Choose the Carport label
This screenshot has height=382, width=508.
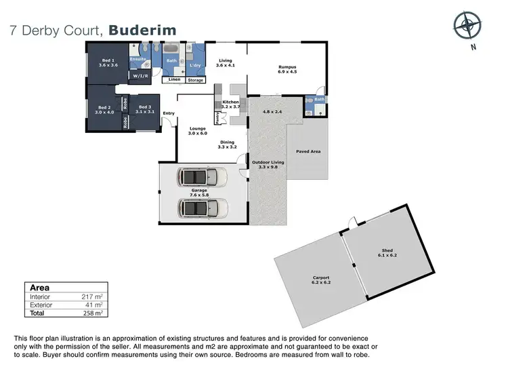tap(320, 278)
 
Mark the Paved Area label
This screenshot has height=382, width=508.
tap(308, 151)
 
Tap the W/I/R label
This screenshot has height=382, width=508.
tap(141, 75)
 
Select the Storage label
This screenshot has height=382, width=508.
tap(195, 80)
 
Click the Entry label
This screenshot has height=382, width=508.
tap(169, 113)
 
